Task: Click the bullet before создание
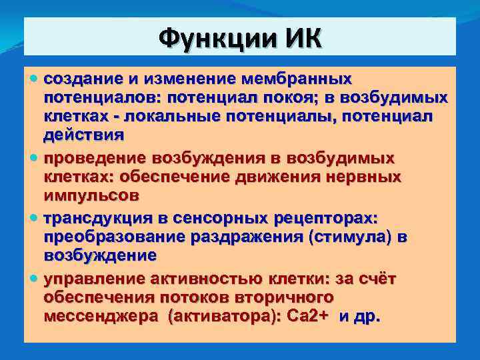coord(35,79)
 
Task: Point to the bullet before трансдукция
coord(35,218)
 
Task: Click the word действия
coord(84,135)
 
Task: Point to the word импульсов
coord(91,196)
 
